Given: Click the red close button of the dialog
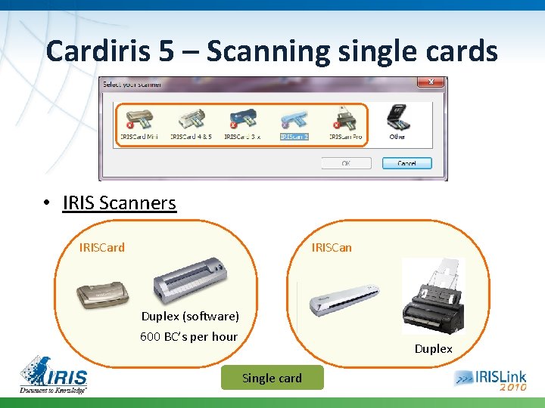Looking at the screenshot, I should pyautogui.click(x=431, y=81).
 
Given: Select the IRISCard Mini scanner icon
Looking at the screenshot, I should pyautogui.click(x=139, y=119).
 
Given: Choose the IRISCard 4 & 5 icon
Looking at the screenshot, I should pyautogui.click(x=190, y=119).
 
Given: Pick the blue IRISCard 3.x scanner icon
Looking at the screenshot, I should pyautogui.click(x=242, y=119).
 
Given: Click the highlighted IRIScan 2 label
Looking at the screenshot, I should pyautogui.click(x=294, y=137).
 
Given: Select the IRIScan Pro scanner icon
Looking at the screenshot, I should pyautogui.click(x=345, y=119).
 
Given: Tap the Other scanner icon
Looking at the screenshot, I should pyautogui.click(x=397, y=119).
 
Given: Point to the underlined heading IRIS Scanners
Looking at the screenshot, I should pyautogui.click(x=120, y=203).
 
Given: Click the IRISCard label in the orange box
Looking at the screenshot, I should pyautogui.click(x=102, y=247).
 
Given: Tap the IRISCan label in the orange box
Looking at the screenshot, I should pyautogui.click(x=332, y=247).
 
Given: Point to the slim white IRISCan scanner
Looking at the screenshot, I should pyautogui.click(x=344, y=299).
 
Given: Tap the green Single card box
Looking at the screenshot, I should pyautogui.click(x=272, y=379).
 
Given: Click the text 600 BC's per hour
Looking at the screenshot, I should pyautogui.click(x=189, y=337).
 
